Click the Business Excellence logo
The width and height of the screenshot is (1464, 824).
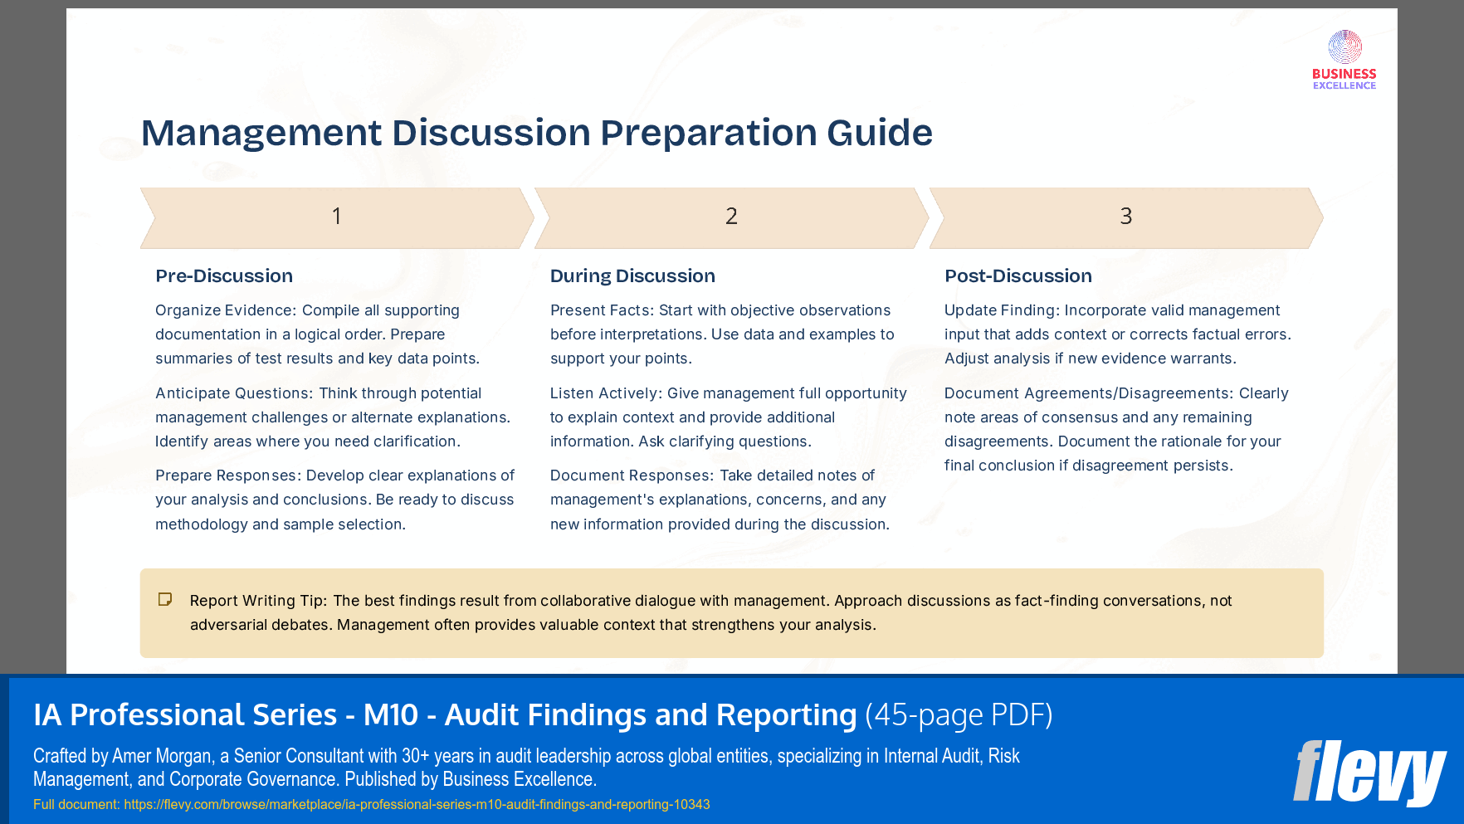pyautogui.click(x=1344, y=60)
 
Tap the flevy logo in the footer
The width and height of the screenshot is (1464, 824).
pyautogui.click(x=1369, y=773)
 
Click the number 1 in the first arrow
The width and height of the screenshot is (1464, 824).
pyautogui.click(x=336, y=217)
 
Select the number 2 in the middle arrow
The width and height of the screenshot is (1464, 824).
pyautogui.click(x=731, y=217)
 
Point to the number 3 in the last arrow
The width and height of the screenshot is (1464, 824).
pyautogui.click(x=1125, y=217)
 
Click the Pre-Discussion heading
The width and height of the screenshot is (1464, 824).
pyautogui.click(x=224, y=276)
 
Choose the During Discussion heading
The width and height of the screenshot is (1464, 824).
pyautogui.click(x=632, y=276)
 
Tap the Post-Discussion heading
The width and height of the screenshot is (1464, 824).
pyautogui.click(x=1018, y=276)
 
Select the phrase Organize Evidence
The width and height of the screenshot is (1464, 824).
pyautogui.click(x=224, y=310)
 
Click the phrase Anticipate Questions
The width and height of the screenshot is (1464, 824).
pyautogui.click(x=232, y=393)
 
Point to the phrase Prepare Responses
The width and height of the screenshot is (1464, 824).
pyautogui.click(x=227, y=475)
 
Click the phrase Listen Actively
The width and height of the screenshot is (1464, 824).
pyautogui.click(x=603, y=393)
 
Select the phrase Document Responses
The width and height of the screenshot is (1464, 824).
pyautogui.click(x=631, y=475)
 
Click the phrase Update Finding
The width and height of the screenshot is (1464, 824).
pyautogui.click(x=999, y=310)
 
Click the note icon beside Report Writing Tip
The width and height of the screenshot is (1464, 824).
pyautogui.click(x=165, y=599)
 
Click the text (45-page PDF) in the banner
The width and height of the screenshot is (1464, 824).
pyautogui.click(x=959, y=714)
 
